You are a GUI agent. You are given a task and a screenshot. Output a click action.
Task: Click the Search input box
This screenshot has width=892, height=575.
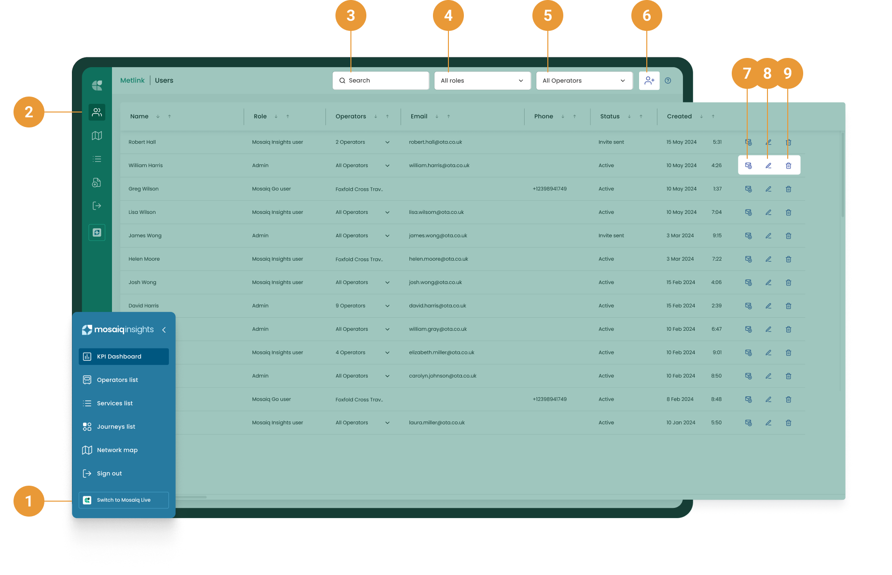click(x=381, y=81)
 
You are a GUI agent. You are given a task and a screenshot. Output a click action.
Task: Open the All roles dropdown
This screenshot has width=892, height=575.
click(x=482, y=81)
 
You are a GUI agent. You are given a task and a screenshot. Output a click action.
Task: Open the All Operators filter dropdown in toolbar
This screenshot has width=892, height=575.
click(x=584, y=81)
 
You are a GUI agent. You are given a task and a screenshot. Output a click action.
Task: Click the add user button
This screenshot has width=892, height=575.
click(x=649, y=81)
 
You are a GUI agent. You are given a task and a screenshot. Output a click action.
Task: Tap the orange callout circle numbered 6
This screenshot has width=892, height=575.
click(x=646, y=15)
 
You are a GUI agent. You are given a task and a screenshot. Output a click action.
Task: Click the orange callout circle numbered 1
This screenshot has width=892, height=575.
click(x=29, y=501)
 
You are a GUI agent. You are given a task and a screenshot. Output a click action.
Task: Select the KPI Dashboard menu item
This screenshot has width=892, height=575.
click(x=124, y=357)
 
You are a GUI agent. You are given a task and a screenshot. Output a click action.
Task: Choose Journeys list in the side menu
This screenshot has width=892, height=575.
click(x=116, y=427)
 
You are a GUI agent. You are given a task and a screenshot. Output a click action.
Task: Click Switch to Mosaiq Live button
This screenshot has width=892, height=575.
click(x=124, y=500)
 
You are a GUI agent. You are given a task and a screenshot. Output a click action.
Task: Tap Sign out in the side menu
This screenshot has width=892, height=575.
click(x=109, y=474)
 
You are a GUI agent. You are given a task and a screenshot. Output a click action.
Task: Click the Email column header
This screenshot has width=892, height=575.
click(x=419, y=116)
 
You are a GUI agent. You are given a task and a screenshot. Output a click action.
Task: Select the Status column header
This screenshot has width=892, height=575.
click(x=610, y=116)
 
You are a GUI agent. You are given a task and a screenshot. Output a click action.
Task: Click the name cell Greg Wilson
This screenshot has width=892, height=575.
click(x=143, y=189)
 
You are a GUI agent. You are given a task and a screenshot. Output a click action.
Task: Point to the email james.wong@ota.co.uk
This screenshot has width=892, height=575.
click(x=438, y=236)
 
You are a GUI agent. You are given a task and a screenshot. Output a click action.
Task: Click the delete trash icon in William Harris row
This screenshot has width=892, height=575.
click(x=788, y=166)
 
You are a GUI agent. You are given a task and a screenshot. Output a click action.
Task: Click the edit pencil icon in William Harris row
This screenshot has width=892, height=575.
click(x=768, y=166)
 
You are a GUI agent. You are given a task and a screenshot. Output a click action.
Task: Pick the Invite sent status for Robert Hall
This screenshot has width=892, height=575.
click(x=611, y=142)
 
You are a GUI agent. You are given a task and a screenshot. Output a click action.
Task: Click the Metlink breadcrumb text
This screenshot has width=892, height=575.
click(x=132, y=81)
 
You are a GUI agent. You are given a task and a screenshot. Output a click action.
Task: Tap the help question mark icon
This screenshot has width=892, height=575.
click(x=668, y=81)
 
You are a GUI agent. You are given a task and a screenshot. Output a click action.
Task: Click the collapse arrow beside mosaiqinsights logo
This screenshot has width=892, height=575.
click(x=164, y=330)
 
